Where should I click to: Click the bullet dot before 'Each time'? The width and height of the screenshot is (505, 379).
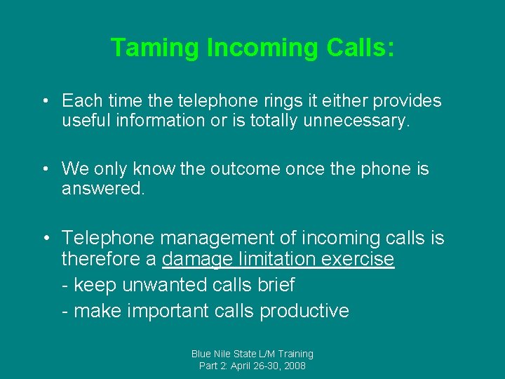pyautogui.click(x=44, y=101)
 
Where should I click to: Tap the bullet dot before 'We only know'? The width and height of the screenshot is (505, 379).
pyautogui.click(x=44, y=169)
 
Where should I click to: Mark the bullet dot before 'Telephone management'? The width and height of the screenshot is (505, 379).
pyautogui.click(x=44, y=239)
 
